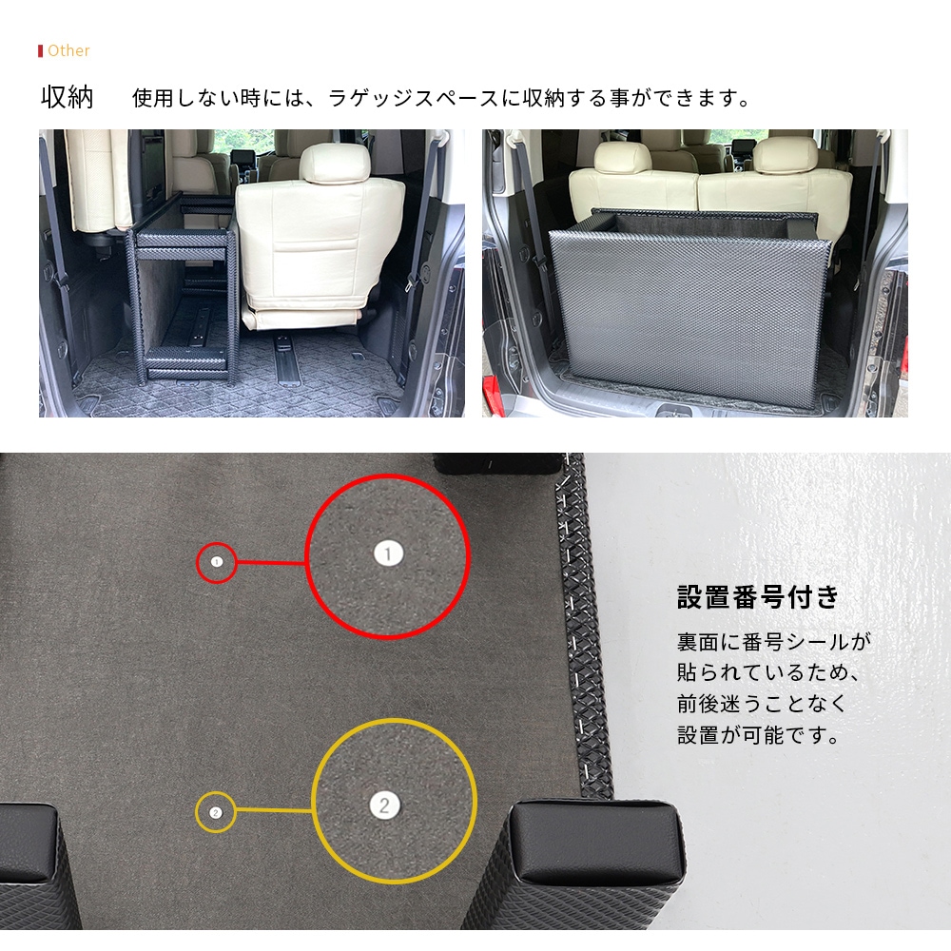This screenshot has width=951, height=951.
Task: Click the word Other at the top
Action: click(x=68, y=50)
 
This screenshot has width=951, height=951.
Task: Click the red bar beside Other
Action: click(x=40, y=50)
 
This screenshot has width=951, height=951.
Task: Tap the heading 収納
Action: click(x=67, y=98)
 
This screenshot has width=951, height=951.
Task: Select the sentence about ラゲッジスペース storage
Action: click(x=441, y=98)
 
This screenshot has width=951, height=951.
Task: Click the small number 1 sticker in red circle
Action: click(x=217, y=562)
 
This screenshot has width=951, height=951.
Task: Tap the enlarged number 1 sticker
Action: click(x=388, y=553)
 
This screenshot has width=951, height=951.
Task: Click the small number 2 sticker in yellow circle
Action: click(x=215, y=813)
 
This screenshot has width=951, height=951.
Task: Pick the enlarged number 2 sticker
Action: click(x=384, y=805)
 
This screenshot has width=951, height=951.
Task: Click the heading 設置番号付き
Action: click(x=758, y=597)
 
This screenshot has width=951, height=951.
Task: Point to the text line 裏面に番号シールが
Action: click(x=774, y=642)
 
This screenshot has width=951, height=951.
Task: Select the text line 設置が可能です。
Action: click(x=758, y=735)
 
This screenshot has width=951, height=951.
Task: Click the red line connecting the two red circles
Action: click(x=271, y=563)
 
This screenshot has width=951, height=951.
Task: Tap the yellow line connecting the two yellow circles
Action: click(x=274, y=810)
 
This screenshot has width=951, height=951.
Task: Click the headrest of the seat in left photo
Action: click(x=334, y=164)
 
